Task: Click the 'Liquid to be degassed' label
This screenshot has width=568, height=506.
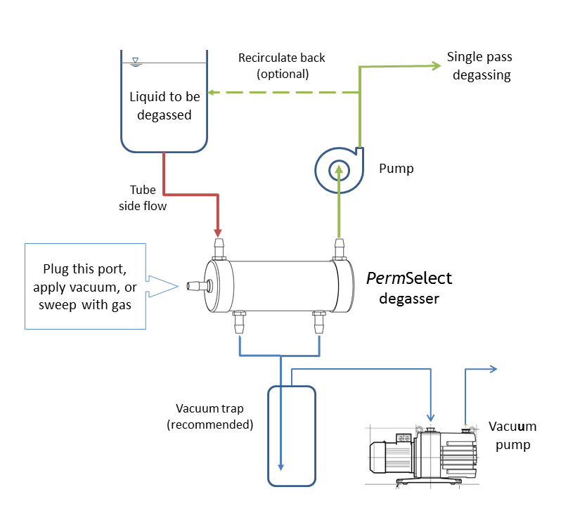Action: pyautogui.click(x=164, y=105)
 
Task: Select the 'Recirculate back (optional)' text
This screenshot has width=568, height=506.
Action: pyautogui.click(x=282, y=65)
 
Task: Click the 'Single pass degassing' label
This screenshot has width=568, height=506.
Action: pyautogui.click(x=479, y=65)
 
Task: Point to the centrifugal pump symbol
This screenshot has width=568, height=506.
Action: pyautogui.click(x=338, y=169)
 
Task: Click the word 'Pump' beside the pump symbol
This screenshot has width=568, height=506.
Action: pyautogui.click(x=396, y=169)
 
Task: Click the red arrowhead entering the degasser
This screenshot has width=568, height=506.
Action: pyautogui.click(x=218, y=231)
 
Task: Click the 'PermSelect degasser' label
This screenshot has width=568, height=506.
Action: pyautogui.click(x=409, y=287)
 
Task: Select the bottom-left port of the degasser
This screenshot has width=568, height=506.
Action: pyautogui.click(x=240, y=323)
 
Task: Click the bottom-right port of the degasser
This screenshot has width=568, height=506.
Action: pyautogui.click(x=320, y=323)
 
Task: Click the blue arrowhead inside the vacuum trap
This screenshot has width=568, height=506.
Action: pyautogui.click(x=280, y=465)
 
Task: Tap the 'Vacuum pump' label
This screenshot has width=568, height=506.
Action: pyautogui.click(x=513, y=436)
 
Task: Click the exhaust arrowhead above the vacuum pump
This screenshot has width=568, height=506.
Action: pyautogui.click(x=493, y=368)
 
